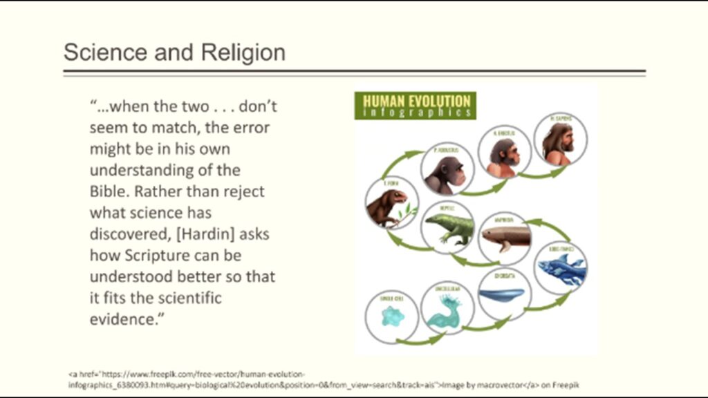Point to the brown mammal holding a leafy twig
point(389,206)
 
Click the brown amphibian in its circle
point(505,238)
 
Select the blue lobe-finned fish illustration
point(560,269)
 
